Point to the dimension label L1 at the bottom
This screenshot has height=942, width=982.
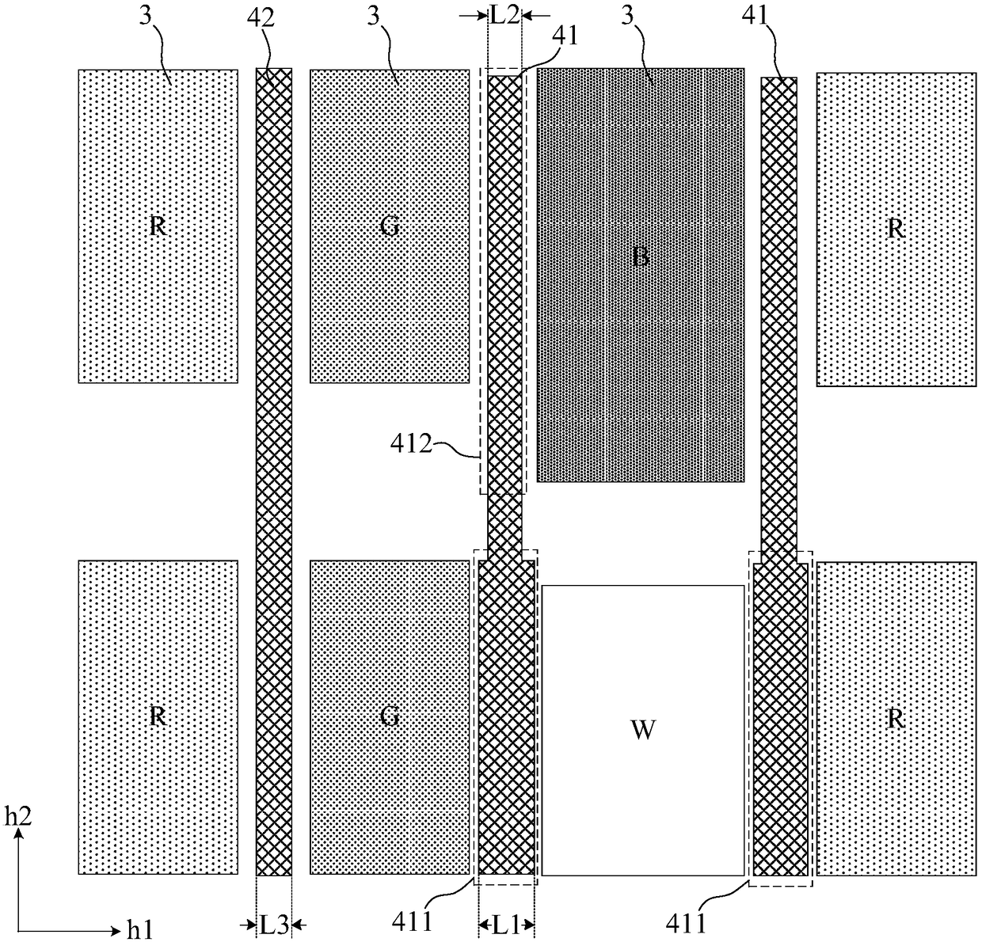(506, 924)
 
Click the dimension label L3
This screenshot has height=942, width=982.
(274, 924)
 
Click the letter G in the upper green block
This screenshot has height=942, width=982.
(390, 227)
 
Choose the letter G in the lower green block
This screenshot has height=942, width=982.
(390, 716)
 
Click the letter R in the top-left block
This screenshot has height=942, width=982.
(158, 227)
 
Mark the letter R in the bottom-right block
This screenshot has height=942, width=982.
(896, 719)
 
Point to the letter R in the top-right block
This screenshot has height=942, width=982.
(896, 229)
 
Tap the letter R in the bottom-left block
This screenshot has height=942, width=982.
(158, 716)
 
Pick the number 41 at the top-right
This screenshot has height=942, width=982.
(756, 16)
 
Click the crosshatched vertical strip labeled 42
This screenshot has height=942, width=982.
(274, 475)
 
